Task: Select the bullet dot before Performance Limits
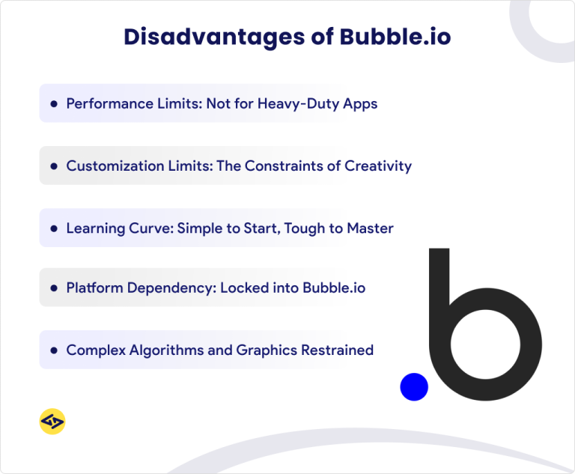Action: tap(54, 104)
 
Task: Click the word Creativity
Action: tap(378, 165)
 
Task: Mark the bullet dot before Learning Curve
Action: tap(54, 228)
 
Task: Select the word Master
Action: tap(370, 228)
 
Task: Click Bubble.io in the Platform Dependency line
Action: tap(334, 288)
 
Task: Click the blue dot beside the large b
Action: tap(414, 386)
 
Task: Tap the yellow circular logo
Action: tap(52, 422)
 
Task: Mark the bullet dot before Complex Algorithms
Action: tap(54, 350)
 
